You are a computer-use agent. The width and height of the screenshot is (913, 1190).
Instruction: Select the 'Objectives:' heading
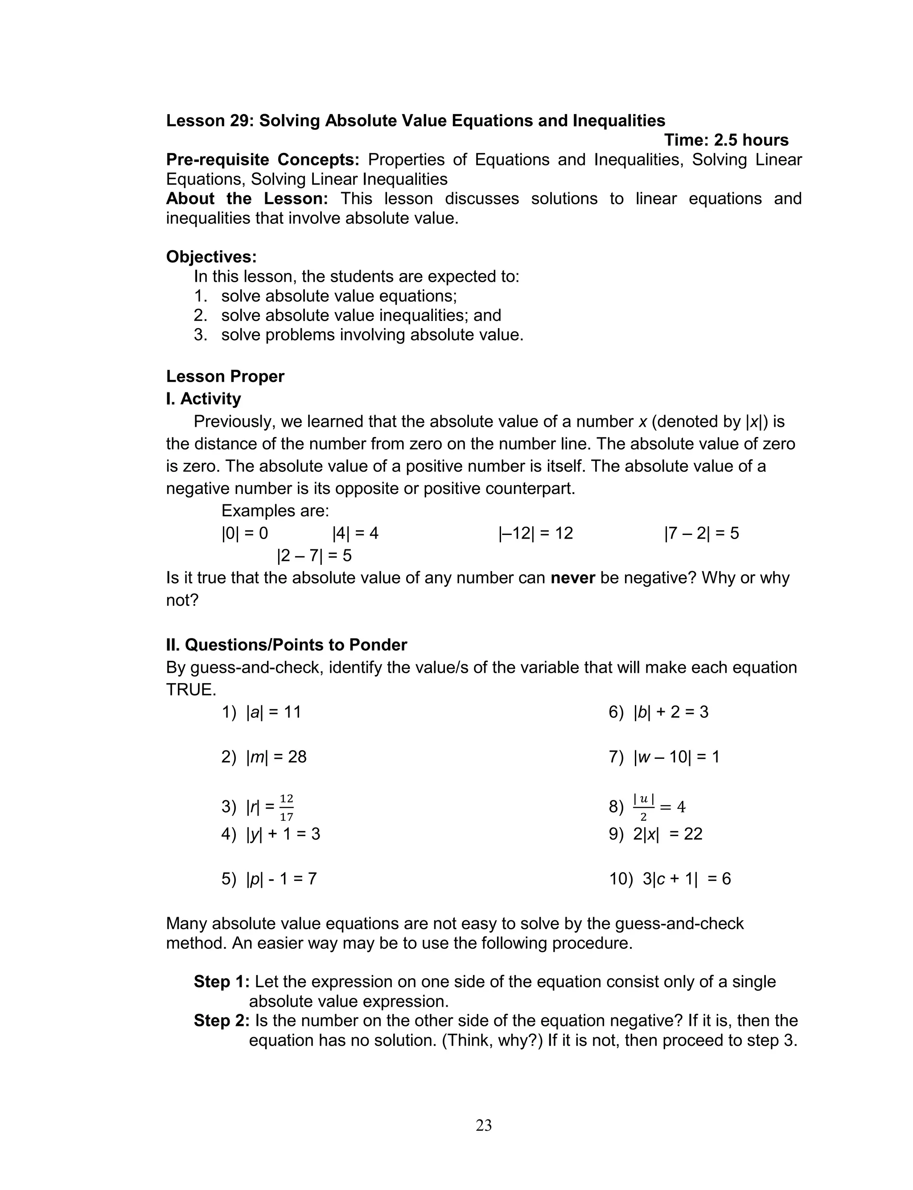[211, 256]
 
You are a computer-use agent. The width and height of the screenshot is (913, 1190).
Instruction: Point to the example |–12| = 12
[535, 533]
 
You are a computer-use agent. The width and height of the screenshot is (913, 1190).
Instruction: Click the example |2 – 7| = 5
[314, 556]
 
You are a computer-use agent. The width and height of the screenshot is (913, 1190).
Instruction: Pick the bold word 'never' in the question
[573, 578]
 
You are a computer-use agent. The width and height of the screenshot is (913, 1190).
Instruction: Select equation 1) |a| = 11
[261, 712]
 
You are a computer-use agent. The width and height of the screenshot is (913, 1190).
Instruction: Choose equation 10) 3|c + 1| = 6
[670, 879]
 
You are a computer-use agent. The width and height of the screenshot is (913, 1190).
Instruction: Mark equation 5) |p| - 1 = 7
[268, 879]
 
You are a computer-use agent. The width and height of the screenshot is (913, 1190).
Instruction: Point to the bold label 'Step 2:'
[222, 1021]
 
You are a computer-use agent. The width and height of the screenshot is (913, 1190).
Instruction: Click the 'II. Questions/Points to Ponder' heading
[286, 645]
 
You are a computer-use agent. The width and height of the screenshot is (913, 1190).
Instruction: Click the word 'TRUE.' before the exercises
[191, 690]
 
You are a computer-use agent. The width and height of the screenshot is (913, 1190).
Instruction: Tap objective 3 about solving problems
[359, 335]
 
